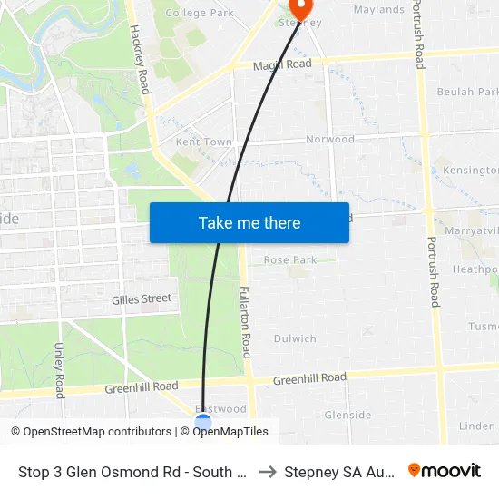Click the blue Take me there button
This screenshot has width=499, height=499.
(x=249, y=222)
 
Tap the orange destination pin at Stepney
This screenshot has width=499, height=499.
(x=300, y=8)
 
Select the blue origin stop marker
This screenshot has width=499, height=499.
(x=203, y=422)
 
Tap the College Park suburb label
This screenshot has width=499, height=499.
(x=200, y=13)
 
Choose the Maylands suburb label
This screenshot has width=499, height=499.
(x=378, y=10)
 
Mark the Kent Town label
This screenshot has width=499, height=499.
(x=203, y=142)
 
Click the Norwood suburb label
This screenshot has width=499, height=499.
(x=330, y=140)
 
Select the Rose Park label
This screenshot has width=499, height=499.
(x=290, y=260)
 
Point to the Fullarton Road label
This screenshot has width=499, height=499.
(x=245, y=322)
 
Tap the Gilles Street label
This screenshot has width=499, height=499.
(x=142, y=298)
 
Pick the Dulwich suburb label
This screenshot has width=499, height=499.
(x=295, y=338)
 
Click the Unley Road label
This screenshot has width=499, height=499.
(x=59, y=370)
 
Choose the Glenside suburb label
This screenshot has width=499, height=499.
(x=347, y=415)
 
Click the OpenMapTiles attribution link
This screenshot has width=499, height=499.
(x=230, y=432)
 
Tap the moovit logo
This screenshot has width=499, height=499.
(x=444, y=471)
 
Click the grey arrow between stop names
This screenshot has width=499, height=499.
(x=267, y=472)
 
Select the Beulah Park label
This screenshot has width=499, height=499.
(x=468, y=92)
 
